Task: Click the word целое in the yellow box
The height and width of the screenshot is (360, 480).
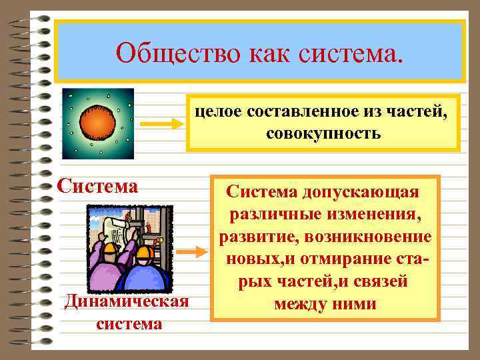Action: [217, 113]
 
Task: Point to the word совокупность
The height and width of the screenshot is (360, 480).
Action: [323, 133]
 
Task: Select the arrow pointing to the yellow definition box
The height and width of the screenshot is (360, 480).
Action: [161, 124]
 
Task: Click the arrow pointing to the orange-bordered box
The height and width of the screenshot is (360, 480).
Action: [194, 253]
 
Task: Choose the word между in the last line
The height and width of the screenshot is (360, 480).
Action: [301, 305]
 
